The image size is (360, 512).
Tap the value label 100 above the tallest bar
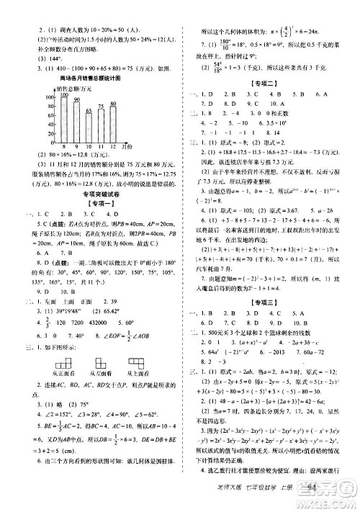(63, 94)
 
